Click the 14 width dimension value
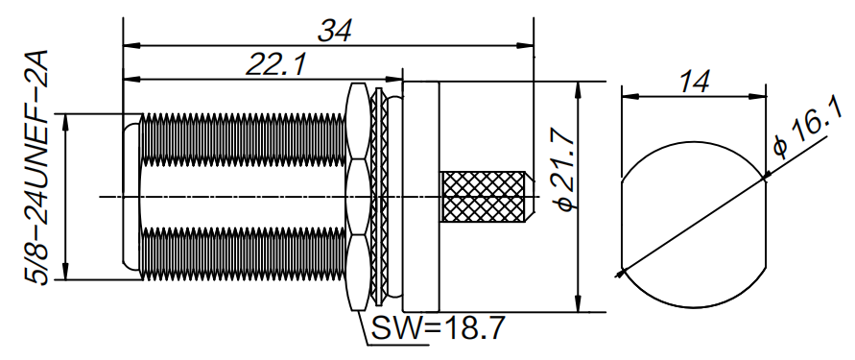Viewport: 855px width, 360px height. click(x=693, y=81)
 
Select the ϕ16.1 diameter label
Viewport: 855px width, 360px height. click(x=804, y=135)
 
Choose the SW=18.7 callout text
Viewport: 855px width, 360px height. click(x=437, y=329)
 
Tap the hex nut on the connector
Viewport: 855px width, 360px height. click(x=356, y=197)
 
